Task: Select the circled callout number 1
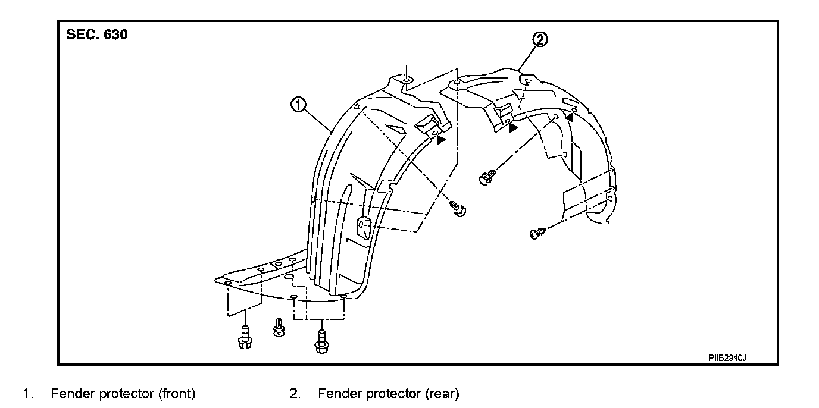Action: click(298, 106)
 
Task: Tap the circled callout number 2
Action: click(539, 40)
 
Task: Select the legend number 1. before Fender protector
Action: click(27, 394)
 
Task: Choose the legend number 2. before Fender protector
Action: click(295, 394)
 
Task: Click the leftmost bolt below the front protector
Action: click(243, 338)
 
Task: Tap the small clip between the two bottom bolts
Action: click(277, 327)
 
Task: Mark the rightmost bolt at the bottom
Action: click(321, 341)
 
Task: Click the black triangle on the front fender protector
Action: click(440, 140)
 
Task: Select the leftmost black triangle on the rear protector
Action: click(513, 128)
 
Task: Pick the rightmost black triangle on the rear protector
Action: click(570, 118)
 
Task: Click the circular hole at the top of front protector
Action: click(405, 80)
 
